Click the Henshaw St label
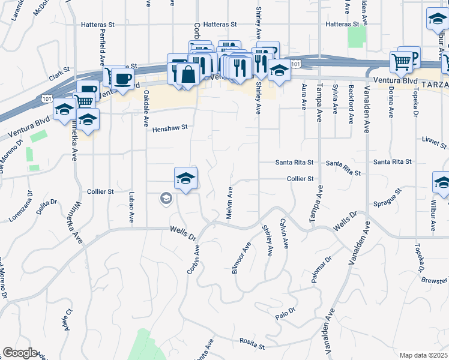point(170,128)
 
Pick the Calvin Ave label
point(283,234)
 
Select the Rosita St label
point(253,344)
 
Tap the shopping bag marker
point(188,74)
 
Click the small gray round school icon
point(165,198)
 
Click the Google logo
point(20,353)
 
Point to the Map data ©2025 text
point(423,355)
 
